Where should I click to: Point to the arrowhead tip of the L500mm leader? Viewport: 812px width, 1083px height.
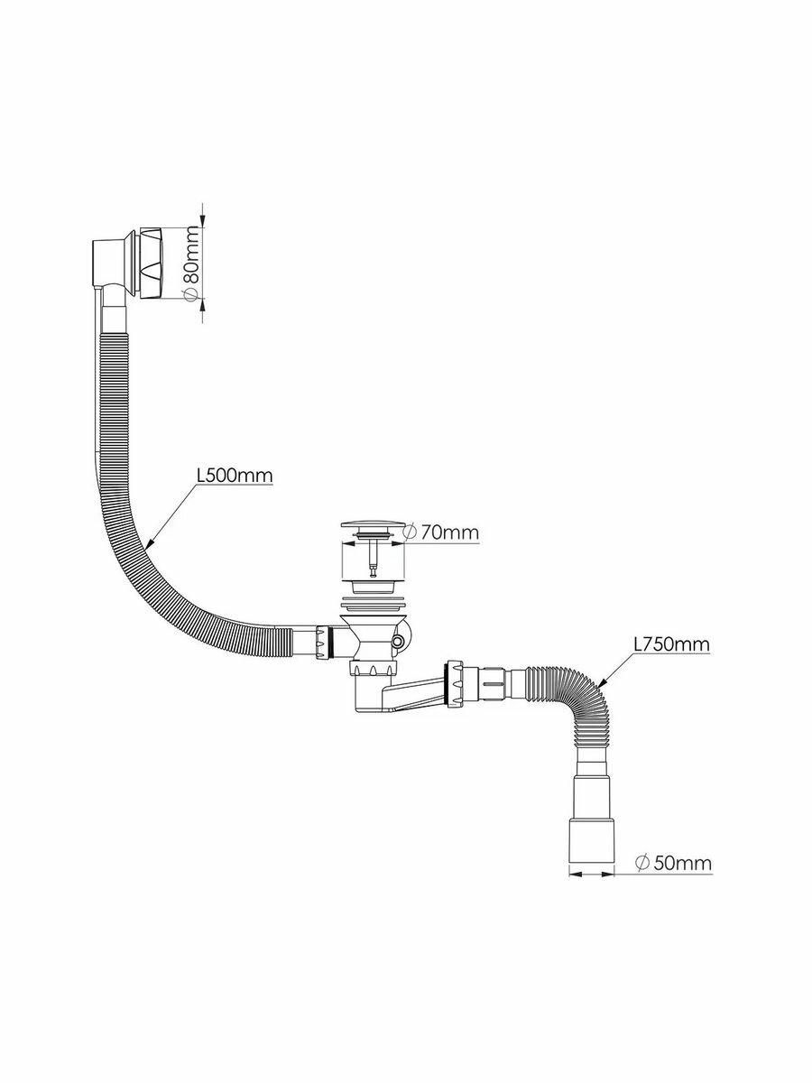(x=143, y=547)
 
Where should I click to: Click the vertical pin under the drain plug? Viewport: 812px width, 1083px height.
(x=370, y=560)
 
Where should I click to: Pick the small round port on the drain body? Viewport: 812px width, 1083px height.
(x=399, y=640)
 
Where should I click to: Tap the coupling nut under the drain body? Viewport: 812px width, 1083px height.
(x=370, y=671)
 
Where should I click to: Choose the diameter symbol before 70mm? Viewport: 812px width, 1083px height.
(x=410, y=532)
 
